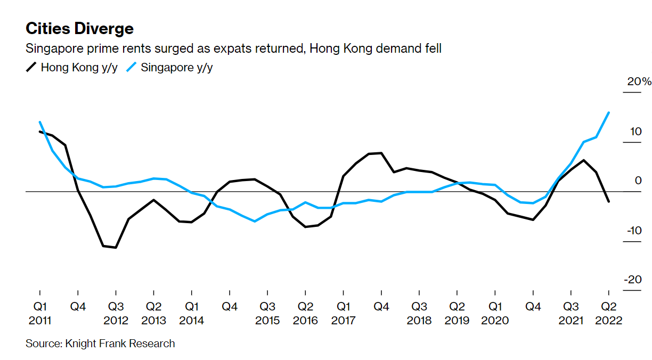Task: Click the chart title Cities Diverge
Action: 79,28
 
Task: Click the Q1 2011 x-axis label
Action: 39,314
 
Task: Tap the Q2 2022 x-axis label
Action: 608,314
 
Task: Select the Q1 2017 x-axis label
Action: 343,314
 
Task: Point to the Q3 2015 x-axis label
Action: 267,314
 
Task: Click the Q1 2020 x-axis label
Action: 495,314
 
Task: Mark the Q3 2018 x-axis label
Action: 419,314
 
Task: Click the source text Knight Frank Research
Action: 100,343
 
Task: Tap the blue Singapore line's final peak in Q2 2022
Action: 609,112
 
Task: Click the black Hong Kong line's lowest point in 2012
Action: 116,248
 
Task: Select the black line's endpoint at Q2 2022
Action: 609,201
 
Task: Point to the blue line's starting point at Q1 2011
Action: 40,122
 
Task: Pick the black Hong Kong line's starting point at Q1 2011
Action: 40,132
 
